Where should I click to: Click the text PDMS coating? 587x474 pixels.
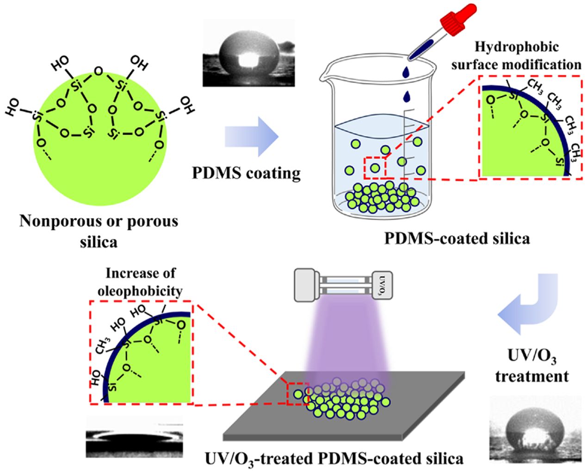[247, 173]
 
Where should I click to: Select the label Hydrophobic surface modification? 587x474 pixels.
[516, 56]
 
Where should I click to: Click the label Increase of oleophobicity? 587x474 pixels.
[141, 281]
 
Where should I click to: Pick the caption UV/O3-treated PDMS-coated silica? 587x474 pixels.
[334, 458]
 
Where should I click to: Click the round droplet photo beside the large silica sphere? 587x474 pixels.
[249, 53]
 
